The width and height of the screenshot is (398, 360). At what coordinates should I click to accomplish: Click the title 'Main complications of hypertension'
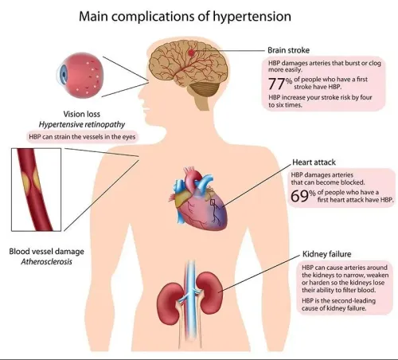coord(185,17)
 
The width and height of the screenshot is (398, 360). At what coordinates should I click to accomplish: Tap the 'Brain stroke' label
coord(288,50)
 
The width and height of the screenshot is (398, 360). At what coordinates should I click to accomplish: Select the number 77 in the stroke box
coord(276,84)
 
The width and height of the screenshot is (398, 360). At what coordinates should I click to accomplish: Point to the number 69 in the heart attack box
coord(299,196)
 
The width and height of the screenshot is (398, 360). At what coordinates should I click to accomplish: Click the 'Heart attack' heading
coord(314,162)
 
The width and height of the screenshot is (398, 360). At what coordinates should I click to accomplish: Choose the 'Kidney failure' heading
coord(326,254)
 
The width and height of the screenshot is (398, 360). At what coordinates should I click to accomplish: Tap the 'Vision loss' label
coord(82,114)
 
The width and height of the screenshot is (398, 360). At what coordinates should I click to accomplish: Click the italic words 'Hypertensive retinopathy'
coord(82,124)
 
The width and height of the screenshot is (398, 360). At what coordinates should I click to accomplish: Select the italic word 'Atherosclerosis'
coord(47,261)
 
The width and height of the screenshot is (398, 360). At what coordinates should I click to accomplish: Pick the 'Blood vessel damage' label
coord(47,252)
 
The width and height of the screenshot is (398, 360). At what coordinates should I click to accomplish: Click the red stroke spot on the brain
coord(191,53)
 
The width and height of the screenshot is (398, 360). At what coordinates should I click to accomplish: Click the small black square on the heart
coord(213,202)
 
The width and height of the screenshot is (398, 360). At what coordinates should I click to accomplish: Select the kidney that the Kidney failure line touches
coord(209,293)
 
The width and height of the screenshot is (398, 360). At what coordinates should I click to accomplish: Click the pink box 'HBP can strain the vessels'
coord(82,137)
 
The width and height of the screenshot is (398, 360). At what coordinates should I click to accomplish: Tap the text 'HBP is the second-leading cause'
coord(338,304)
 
